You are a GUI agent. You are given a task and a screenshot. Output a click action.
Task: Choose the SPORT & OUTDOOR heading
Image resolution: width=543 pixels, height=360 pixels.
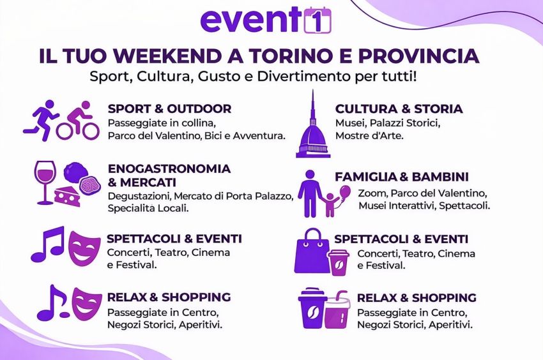(169, 109)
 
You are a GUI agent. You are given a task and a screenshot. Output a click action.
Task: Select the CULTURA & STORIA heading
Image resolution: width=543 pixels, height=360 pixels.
(399, 109)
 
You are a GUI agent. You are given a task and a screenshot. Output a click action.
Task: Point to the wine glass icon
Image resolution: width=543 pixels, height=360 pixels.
(45, 182)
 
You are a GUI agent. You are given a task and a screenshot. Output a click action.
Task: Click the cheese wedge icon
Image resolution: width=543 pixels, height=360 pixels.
(67, 195)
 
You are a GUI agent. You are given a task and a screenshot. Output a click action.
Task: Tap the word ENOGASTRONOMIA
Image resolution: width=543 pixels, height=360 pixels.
(169, 169)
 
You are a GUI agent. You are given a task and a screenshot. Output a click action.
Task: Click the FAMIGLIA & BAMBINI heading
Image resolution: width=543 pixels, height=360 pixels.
(402, 177)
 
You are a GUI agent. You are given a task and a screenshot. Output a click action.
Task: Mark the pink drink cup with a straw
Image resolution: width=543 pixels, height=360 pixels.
(337, 311)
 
